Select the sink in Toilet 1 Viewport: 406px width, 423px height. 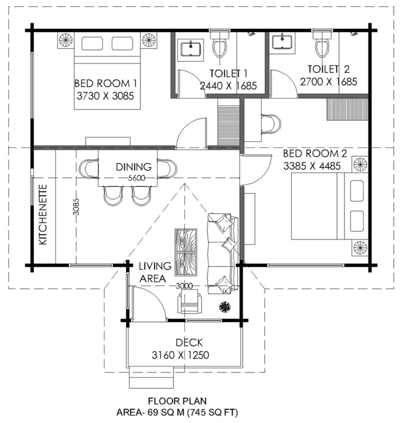[x=191, y=49]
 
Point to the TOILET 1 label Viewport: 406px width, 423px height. [x=228, y=74]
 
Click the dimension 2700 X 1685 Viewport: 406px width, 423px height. [x=328, y=81]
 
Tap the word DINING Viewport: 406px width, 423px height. [x=133, y=167]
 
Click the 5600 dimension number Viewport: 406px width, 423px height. [x=137, y=178]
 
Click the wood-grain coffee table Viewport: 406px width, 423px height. [x=185, y=252]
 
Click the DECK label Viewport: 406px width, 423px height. [x=189, y=342]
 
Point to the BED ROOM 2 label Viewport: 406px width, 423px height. [x=314, y=154]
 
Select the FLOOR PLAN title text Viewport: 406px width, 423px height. [x=177, y=401]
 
